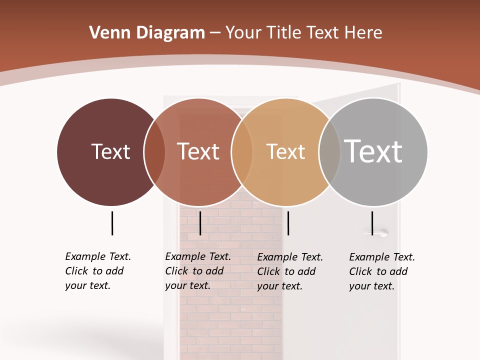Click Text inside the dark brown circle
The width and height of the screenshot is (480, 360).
(x=110, y=151)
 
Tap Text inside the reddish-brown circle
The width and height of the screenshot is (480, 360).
(x=198, y=151)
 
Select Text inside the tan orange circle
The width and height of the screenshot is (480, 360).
(x=285, y=151)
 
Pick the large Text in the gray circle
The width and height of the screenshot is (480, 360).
(x=373, y=151)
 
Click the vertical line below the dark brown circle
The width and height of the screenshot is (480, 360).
(x=112, y=223)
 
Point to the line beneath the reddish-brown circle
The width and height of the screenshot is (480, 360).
(x=200, y=223)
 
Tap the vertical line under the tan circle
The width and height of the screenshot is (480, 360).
(x=288, y=223)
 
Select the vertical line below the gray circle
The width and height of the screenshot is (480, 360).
(x=372, y=223)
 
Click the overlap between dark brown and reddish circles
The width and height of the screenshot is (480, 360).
(x=154, y=152)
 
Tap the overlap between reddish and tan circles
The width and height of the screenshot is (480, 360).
(x=242, y=152)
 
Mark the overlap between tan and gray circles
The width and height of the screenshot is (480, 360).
(x=329, y=152)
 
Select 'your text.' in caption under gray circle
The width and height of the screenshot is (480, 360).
(x=371, y=286)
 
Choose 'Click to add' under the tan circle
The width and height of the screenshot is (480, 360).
(x=286, y=271)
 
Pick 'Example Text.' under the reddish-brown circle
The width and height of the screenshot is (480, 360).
(x=198, y=256)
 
